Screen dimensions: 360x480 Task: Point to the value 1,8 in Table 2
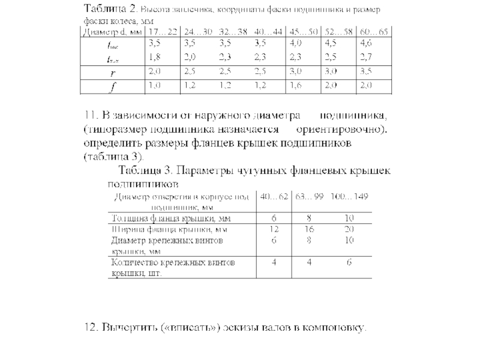pos(154,57)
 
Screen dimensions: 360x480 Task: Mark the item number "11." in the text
pos(91,115)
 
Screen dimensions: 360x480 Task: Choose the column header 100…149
pos(351,196)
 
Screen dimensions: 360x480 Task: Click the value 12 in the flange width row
pos(274,229)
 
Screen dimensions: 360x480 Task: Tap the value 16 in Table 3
pos(310,229)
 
